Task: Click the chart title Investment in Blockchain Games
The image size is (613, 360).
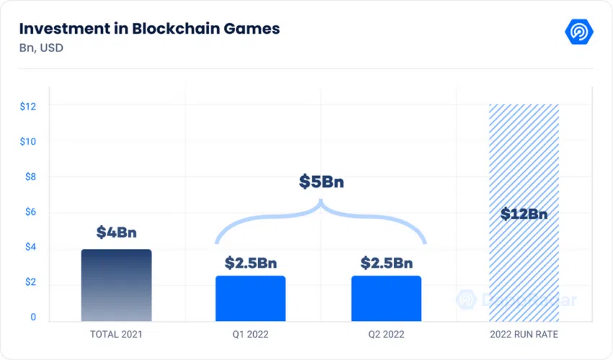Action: coord(149,29)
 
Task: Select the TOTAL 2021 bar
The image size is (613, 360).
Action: coord(117,286)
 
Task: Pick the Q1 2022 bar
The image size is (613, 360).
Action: coord(250,299)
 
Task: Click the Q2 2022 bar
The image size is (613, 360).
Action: coord(387,299)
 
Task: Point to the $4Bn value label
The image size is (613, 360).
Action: coord(117,232)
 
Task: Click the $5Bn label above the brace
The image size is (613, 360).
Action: coord(322,182)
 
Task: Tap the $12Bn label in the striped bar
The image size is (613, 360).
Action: coord(524,214)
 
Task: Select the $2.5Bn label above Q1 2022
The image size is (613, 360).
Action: coord(250,263)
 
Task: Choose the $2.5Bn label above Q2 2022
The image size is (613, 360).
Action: coord(387,263)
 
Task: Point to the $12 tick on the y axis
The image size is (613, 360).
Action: coord(27,106)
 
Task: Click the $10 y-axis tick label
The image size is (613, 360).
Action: coord(27,141)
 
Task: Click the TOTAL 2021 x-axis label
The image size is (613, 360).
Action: coord(117,334)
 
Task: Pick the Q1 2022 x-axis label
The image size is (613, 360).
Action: coord(250,334)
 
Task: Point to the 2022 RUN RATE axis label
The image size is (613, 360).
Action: coord(524,334)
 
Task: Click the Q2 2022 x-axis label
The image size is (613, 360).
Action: coord(387,334)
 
